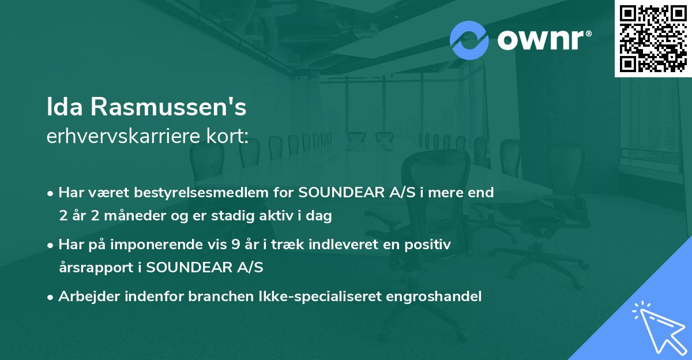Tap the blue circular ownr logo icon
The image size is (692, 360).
(469, 40)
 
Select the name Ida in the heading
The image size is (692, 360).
(65, 107)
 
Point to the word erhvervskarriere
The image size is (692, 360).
(124, 137)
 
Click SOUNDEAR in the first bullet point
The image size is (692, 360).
(336, 193)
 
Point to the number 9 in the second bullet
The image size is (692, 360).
(235, 245)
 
